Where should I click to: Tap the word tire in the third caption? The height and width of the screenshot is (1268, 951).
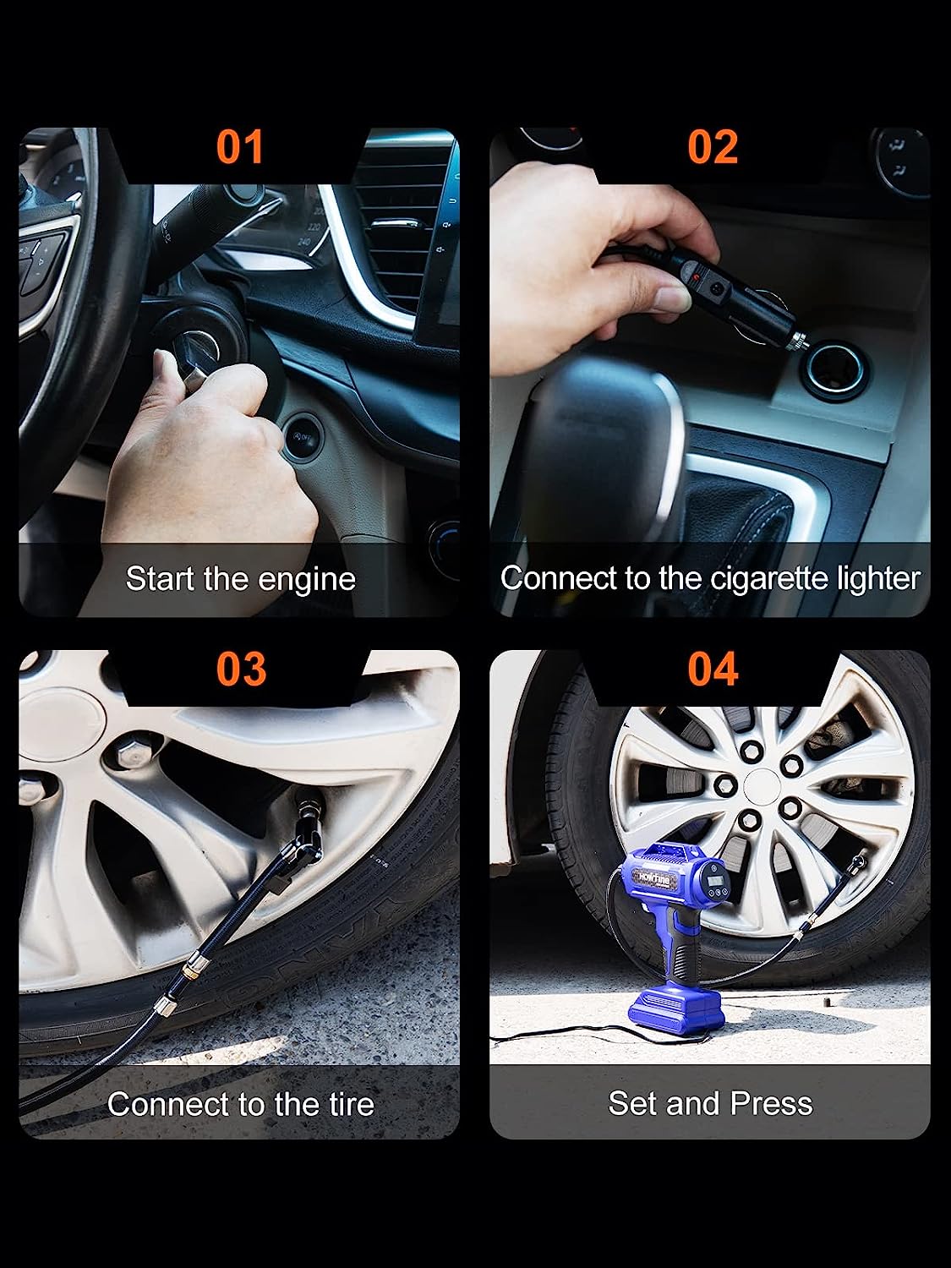point(348,1104)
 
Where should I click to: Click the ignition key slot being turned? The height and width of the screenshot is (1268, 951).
point(203,347)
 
